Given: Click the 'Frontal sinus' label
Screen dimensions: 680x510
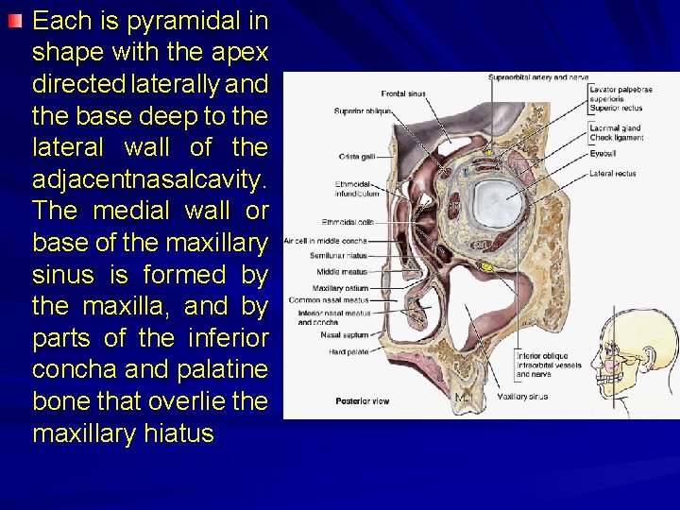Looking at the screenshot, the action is pyautogui.click(x=402, y=93).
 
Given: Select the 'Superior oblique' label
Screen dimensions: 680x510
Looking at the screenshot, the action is pyautogui.click(x=362, y=111).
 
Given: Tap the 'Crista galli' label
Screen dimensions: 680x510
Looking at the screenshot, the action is pyautogui.click(x=355, y=156).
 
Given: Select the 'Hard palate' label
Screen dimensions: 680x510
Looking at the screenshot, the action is pyautogui.click(x=344, y=352).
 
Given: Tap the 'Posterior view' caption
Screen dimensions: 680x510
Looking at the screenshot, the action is pyautogui.click(x=362, y=401).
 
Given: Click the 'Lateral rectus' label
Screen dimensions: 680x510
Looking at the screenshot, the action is pyautogui.click(x=612, y=173).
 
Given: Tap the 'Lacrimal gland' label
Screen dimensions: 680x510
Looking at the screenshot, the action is pyautogui.click(x=615, y=127).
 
